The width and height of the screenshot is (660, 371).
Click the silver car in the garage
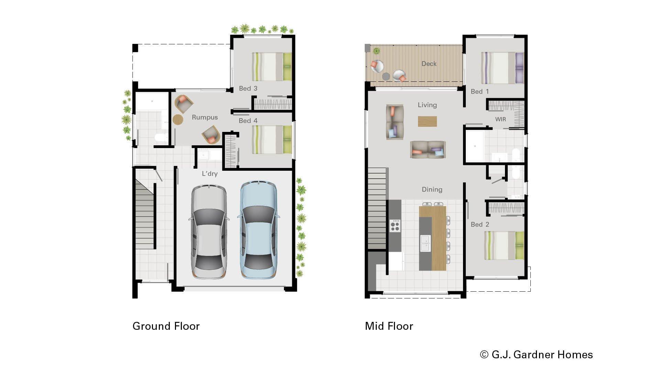click(209, 232)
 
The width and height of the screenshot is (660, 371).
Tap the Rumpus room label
click(205, 117)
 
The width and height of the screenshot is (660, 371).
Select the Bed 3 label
click(248, 89)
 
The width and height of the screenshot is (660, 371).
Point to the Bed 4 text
click(248, 121)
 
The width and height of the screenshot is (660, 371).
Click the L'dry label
click(209, 174)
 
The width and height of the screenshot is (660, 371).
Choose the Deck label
click(429, 64)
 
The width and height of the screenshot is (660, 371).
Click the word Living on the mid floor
click(427, 105)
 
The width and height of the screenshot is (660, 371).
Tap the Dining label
click(432, 190)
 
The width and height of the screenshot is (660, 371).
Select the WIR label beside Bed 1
click(500, 120)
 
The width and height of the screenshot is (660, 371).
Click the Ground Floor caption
click(166, 326)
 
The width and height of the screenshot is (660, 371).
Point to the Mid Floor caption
click(389, 326)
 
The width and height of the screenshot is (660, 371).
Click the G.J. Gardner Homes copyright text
click(536, 355)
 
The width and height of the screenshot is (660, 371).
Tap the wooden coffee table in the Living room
click(427, 121)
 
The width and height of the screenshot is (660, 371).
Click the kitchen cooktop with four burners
click(395, 226)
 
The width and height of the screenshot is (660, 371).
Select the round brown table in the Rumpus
click(178, 120)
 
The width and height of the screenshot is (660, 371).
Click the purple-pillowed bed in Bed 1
click(502, 68)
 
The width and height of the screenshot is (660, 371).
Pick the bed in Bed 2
click(504, 246)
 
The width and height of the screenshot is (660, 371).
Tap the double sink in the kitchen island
click(425, 243)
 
